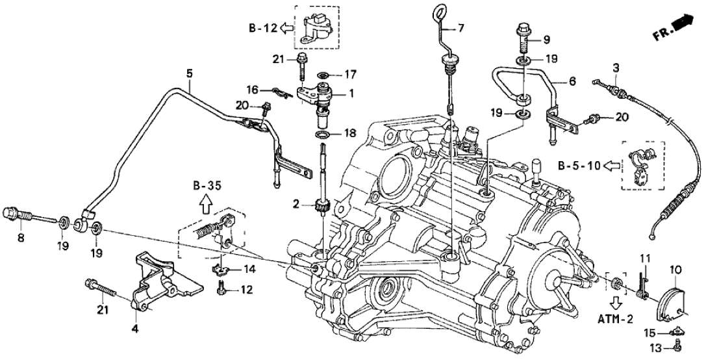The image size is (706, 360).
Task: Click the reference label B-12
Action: tap(262, 28)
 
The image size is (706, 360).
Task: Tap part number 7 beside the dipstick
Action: tap(461, 27)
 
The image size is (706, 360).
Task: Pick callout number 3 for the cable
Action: tap(616, 67)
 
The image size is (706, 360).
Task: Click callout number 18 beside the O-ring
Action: tap(349, 134)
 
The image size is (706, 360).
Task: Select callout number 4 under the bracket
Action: tap(135, 330)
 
